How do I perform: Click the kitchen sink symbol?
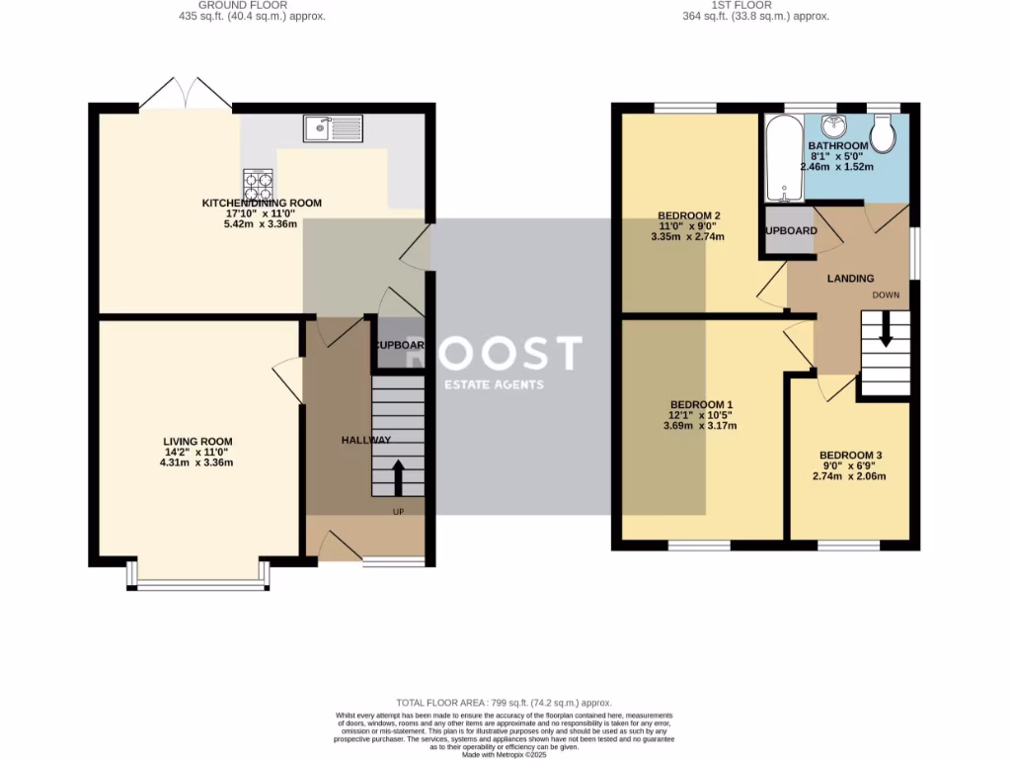(334, 127)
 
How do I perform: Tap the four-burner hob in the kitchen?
(259, 185)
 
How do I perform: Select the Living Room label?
(198, 442)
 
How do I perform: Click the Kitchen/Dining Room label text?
(262, 203)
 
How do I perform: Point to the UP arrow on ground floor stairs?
(398, 476)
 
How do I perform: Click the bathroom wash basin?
(835, 125)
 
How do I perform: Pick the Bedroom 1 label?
(701, 404)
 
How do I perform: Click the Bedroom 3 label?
(850, 455)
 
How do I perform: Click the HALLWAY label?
(366, 440)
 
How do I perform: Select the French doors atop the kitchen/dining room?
(186, 94)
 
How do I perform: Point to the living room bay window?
(198, 583)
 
